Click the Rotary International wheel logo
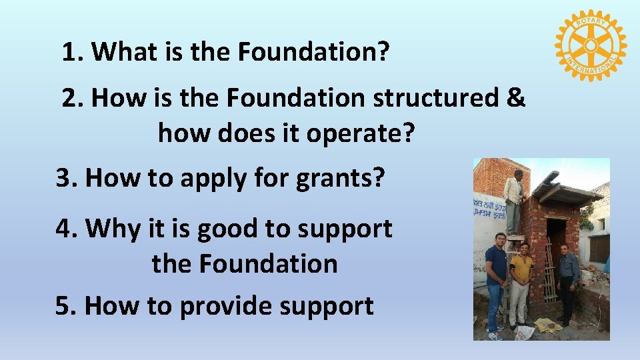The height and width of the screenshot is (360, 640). [589, 45]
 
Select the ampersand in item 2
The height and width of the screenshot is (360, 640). [515, 97]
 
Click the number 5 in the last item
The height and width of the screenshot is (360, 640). [63, 306]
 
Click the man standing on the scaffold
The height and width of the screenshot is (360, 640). [513, 200]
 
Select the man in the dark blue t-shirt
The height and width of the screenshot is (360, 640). [496, 280]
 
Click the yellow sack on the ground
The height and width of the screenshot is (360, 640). [548, 325]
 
